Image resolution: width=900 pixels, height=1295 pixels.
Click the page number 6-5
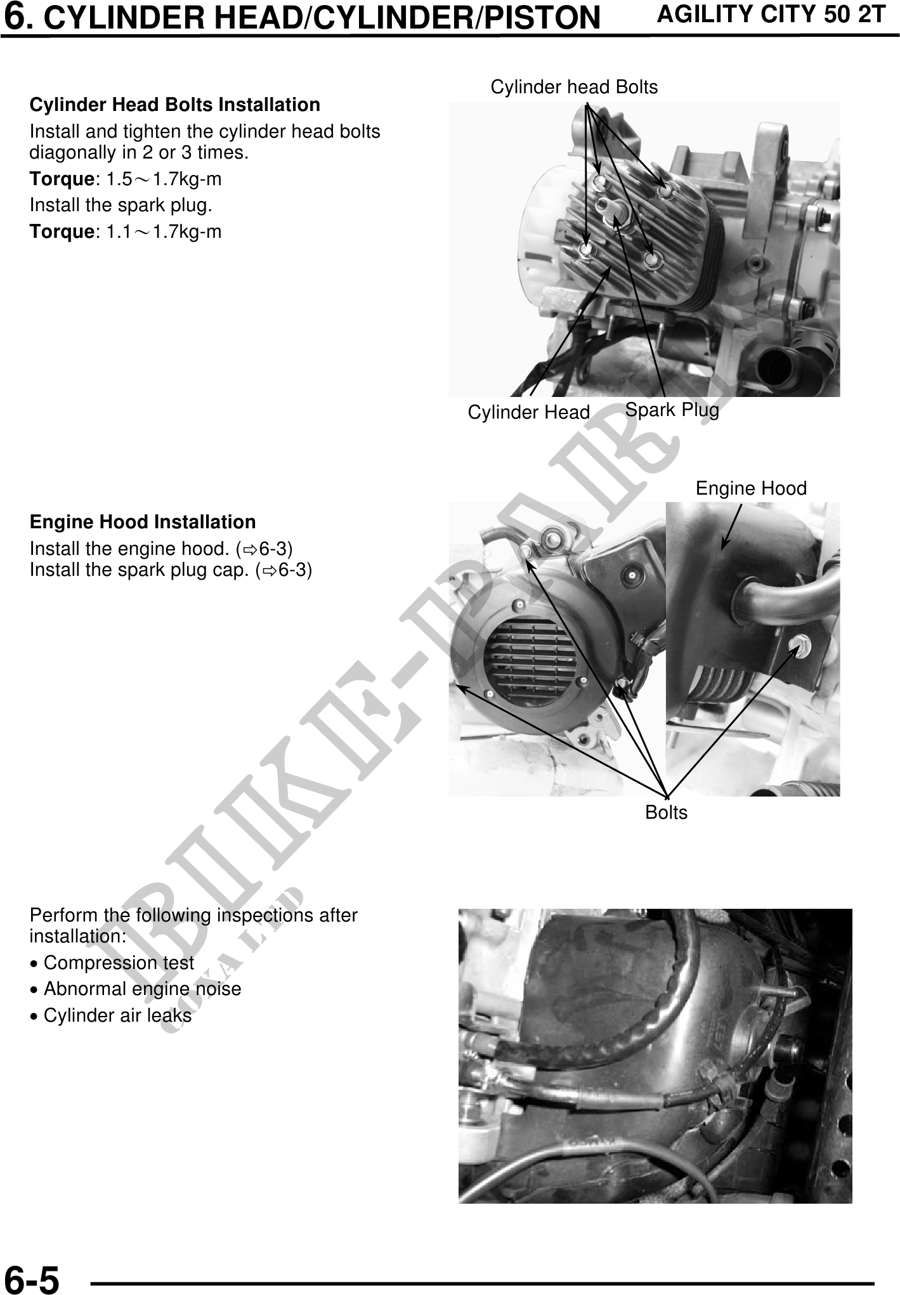[x=32, y=1279]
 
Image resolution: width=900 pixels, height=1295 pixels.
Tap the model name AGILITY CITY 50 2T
[x=771, y=14]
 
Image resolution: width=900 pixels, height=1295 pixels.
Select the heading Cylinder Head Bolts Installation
[x=175, y=105]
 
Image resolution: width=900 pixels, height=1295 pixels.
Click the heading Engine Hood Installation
[x=143, y=522]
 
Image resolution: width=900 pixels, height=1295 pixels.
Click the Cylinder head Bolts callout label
[x=574, y=87]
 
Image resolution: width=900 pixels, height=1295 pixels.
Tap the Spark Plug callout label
[x=672, y=410]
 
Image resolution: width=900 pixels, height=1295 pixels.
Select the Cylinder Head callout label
[x=529, y=412]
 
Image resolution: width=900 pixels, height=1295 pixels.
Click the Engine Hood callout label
[x=751, y=488]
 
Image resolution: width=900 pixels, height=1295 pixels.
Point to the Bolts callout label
[x=666, y=812]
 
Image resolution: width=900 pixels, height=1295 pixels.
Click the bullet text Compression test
[x=119, y=963]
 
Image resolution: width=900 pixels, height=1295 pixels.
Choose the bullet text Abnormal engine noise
[x=143, y=989]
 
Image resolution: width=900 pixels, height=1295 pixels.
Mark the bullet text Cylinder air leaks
[x=117, y=1015]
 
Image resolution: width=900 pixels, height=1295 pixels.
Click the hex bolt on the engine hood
[x=795, y=644]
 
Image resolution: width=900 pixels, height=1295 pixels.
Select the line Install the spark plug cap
[x=171, y=570]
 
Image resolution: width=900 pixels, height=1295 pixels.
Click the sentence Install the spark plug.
[x=121, y=205]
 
